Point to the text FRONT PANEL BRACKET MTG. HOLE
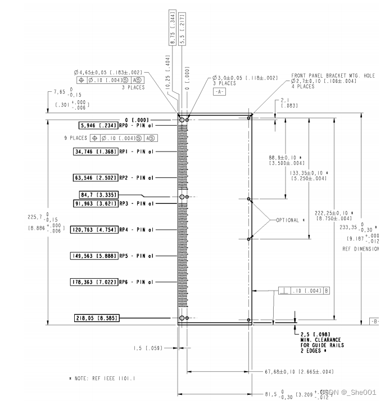(333, 75)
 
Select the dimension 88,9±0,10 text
(286, 157)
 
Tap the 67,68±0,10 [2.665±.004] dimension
(299, 372)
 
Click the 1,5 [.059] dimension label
(148, 348)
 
